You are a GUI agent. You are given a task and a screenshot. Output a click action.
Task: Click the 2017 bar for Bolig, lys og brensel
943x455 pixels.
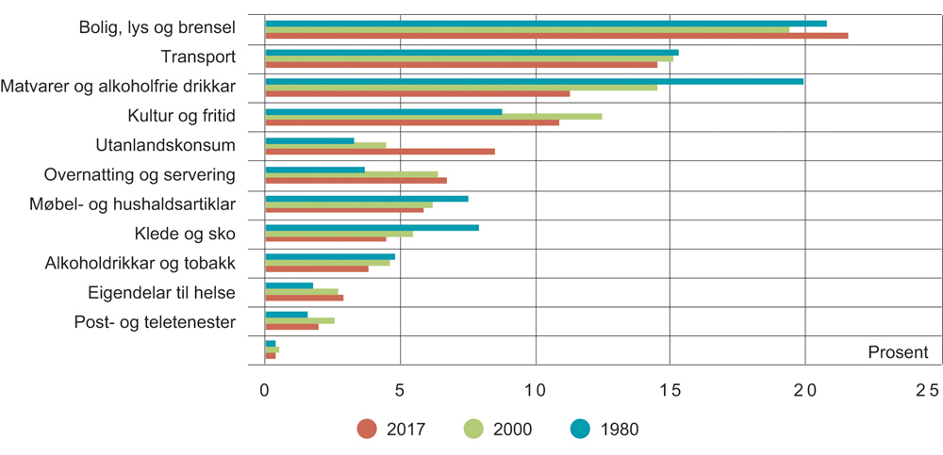click(x=556, y=36)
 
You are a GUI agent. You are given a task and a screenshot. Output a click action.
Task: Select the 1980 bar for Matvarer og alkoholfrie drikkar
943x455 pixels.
click(x=534, y=81)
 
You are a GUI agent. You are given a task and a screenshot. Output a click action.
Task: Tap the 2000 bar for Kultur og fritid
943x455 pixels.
click(x=434, y=117)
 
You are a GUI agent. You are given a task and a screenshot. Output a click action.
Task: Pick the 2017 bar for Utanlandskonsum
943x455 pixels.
click(x=380, y=152)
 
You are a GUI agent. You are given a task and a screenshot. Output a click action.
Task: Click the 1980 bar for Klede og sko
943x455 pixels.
click(x=372, y=227)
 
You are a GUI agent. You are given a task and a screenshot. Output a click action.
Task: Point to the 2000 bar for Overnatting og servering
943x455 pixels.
click(x=352, y=174)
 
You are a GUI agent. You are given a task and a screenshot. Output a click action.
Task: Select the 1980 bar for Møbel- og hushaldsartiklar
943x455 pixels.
click(x=367, y=198)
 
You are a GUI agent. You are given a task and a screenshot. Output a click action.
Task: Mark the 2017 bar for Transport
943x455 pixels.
click(x=461, y=65)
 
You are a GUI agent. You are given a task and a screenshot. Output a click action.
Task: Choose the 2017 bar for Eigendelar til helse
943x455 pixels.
click(x=305, y=298)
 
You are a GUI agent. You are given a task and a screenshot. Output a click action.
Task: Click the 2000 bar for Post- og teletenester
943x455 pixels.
click(x=300, y=320)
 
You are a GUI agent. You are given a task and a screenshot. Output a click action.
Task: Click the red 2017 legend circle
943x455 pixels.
click(x=367, y=429)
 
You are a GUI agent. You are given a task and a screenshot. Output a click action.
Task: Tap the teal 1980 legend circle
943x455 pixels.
click(x=583, y=429)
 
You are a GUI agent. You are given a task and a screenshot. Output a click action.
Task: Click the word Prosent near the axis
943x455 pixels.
click(x=898, y=353)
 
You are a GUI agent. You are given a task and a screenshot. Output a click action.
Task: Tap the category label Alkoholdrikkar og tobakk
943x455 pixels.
click(x=140, y=264)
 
